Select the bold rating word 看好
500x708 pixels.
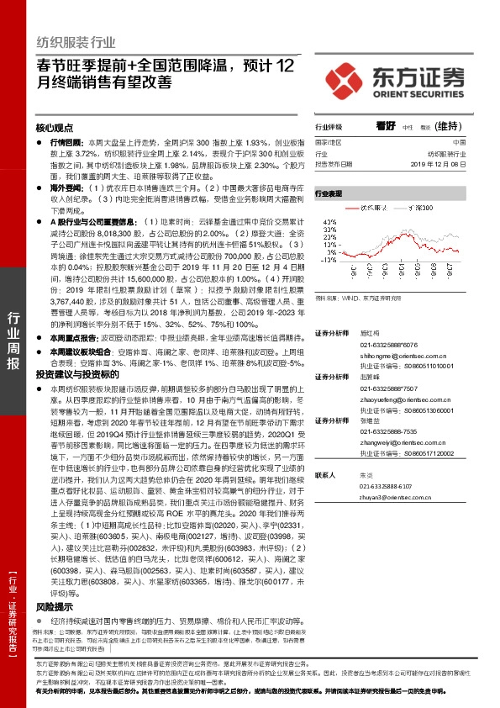click(385, 125)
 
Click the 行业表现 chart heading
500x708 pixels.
click(329, 193)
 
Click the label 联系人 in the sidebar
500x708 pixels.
click(325, 475)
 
